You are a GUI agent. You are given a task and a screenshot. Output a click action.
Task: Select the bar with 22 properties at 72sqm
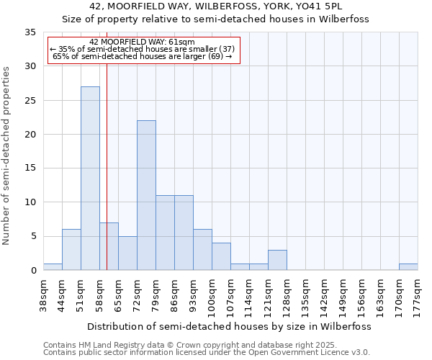coord(146,195)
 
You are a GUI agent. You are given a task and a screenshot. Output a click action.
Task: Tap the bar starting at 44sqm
coord(71,249)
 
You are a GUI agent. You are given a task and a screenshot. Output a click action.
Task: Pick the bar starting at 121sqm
coord(277,260)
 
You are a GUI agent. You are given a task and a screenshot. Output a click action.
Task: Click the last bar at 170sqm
coord(408,267)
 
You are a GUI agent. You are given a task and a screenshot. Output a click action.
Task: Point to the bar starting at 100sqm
coord(221,256)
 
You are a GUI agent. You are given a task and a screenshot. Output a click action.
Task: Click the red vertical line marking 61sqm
coord(107,158)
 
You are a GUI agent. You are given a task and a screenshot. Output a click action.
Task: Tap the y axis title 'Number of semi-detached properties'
coord(7,156)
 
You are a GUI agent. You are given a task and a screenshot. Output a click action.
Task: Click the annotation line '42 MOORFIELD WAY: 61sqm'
coord(142,42)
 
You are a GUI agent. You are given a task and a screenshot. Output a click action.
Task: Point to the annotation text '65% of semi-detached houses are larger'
coord(142,55)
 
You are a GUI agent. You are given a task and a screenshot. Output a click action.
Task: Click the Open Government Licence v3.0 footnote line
coord(207,353)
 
